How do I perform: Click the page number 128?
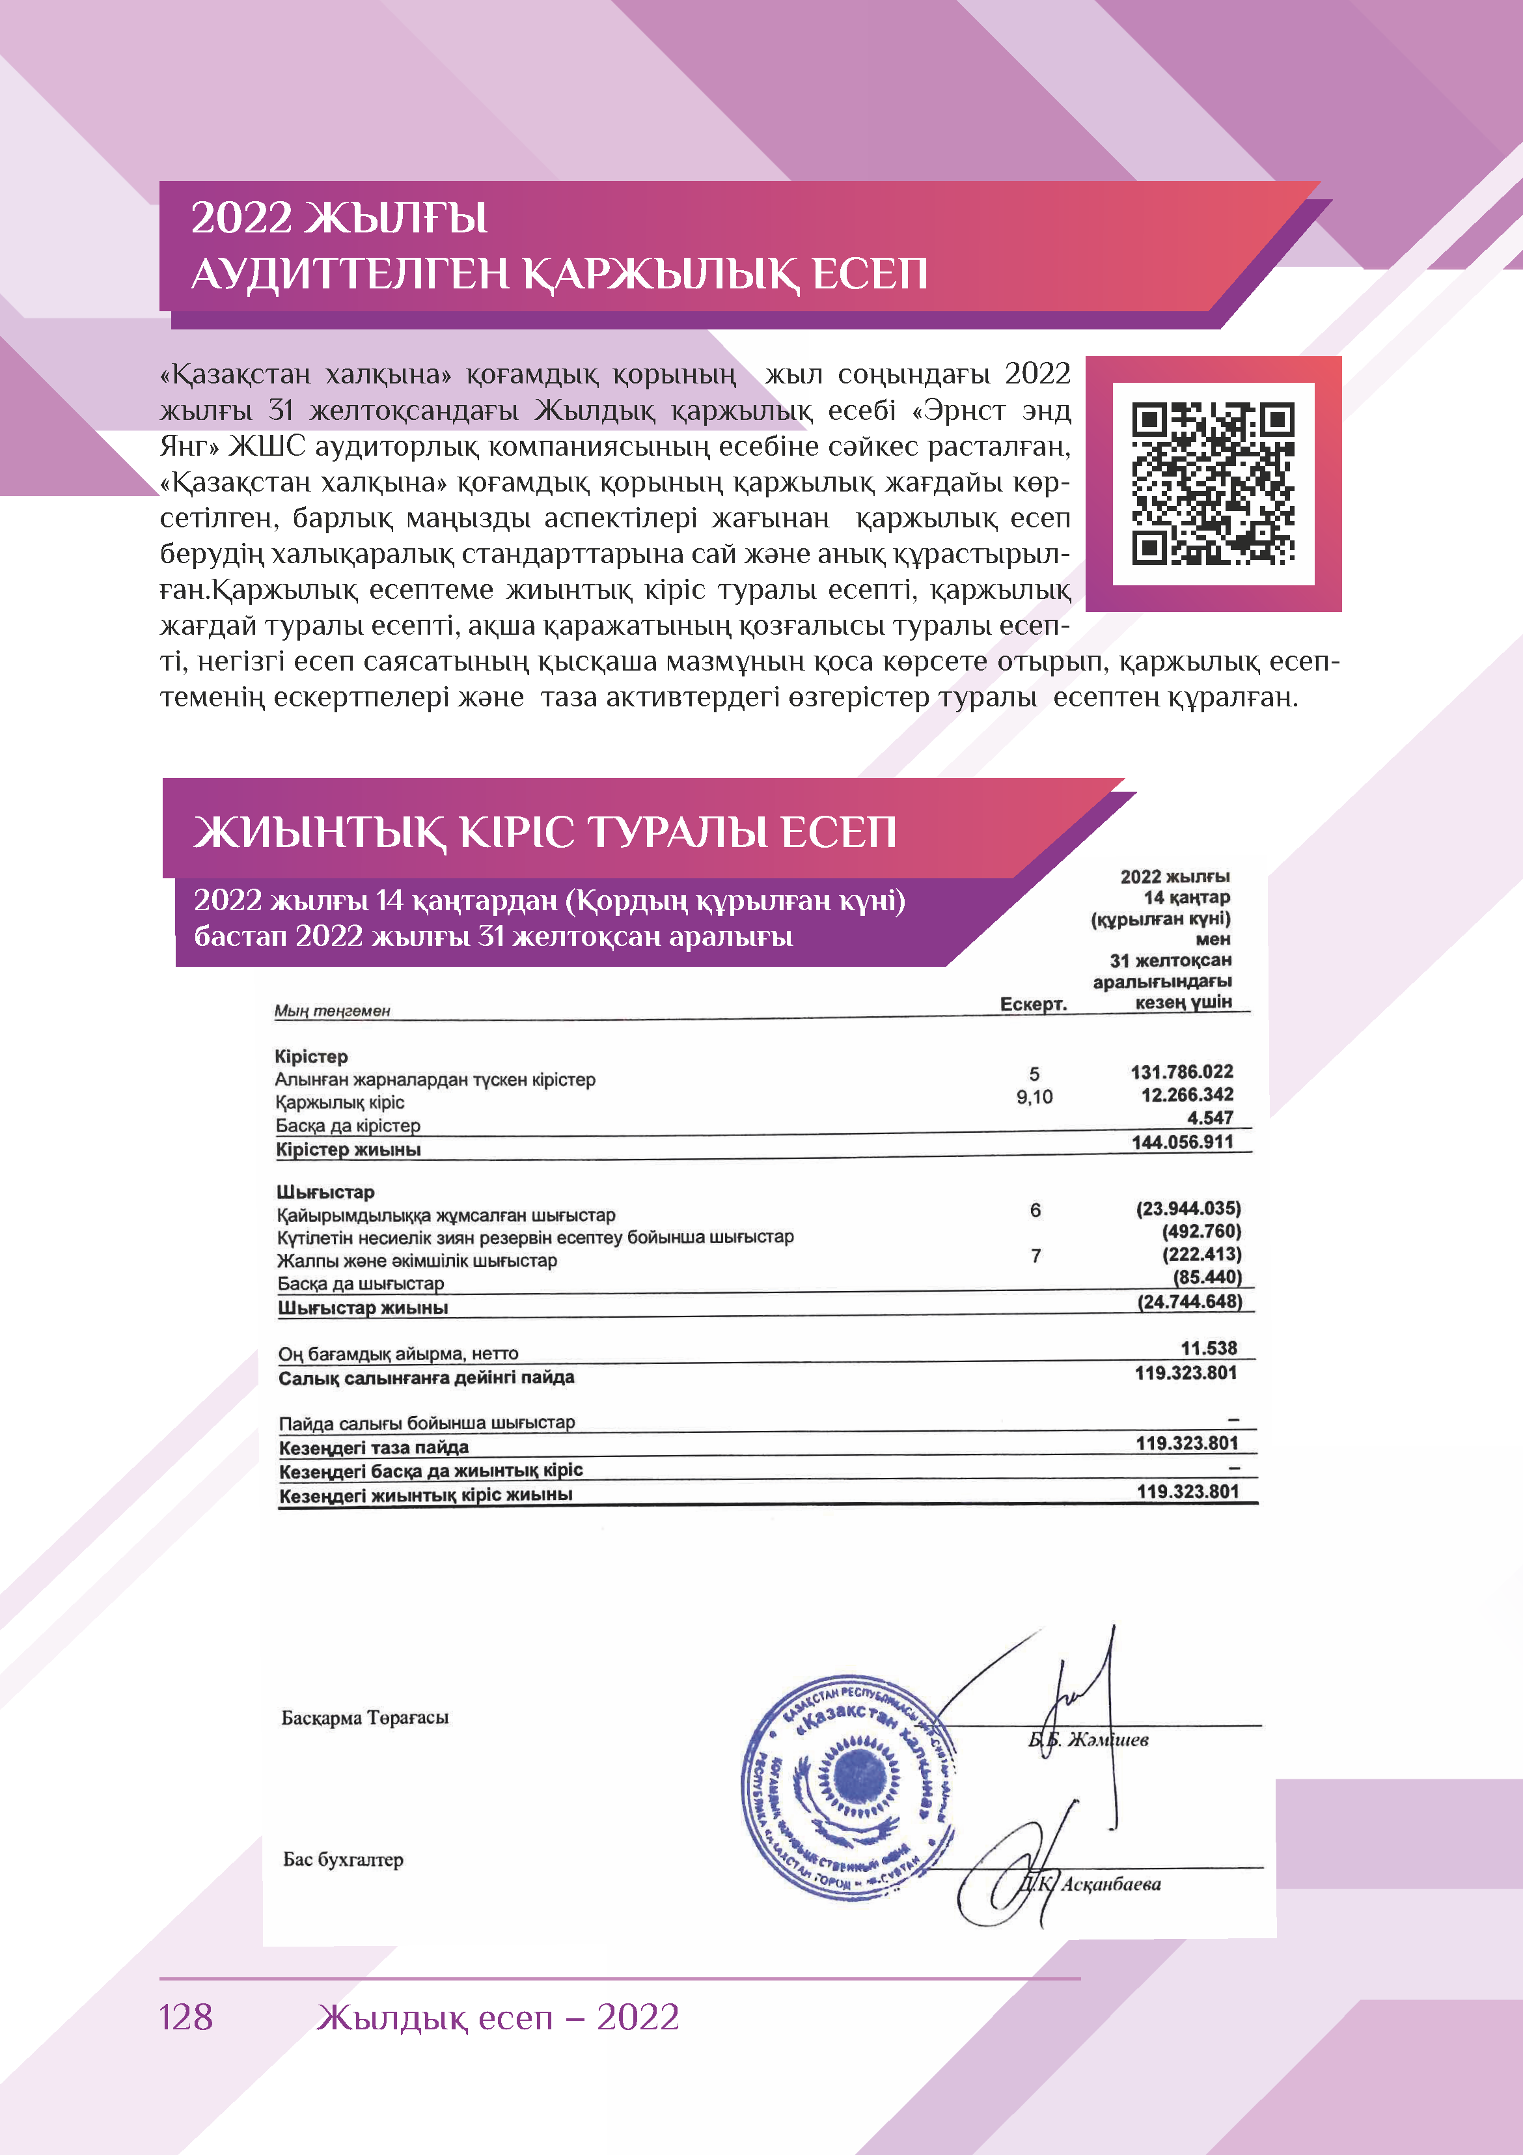(x=185, y=2016)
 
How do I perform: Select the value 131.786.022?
(x=1181, y=1072)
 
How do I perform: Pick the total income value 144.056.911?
(x=1181, y=1142)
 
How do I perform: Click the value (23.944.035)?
(x=1188, y=1208)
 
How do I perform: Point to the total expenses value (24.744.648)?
(x=1189, y=1302)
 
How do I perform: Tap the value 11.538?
(x=1209, y=1348)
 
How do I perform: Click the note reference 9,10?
(x=1034, y=1096)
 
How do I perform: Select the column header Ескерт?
(x=1033, y=1003)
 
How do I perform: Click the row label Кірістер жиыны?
(x=348, y=1150)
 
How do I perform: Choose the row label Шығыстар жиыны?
(x=363, y=1307)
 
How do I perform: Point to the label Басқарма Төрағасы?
(x=365, y=1717)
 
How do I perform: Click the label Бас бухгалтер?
(x=344, y=1859)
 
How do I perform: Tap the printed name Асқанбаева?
(x=1111, y=1884)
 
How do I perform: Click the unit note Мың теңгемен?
(x=332, y=1011)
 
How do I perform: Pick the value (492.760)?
(x=1201, y=1231)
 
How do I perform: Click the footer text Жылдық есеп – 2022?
(x=497, y=2016)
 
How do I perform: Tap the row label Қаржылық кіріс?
(x=340, y=1102)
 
